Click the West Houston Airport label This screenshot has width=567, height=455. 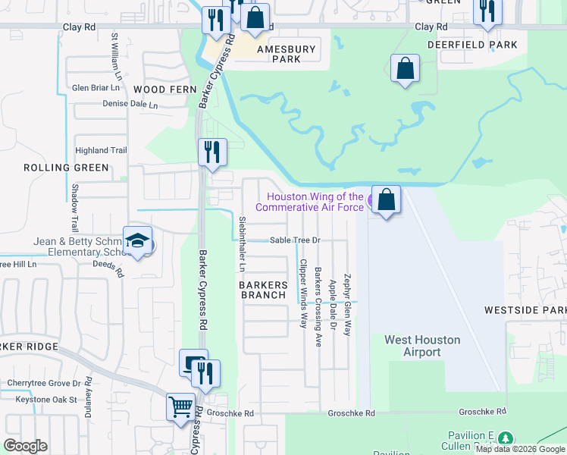click(x=422, y=346)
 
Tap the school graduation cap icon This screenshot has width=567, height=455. click(x=137, y=241)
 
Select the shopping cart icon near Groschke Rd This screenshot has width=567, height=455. click(x=180, y=407)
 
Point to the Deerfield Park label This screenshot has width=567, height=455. click(x=472, y=45)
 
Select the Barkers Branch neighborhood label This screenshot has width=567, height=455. click(x=264, y=290)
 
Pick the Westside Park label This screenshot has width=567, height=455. click(x=525, y=311)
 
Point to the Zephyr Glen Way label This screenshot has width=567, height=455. click(x=347, y=305)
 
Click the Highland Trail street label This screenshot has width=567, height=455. click(x=100, y=151)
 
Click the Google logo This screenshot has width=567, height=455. click(x=26, y=445)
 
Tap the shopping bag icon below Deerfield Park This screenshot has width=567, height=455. click(x=406, y=69)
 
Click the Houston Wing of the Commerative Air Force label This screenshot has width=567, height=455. click(x=309, y=202)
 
